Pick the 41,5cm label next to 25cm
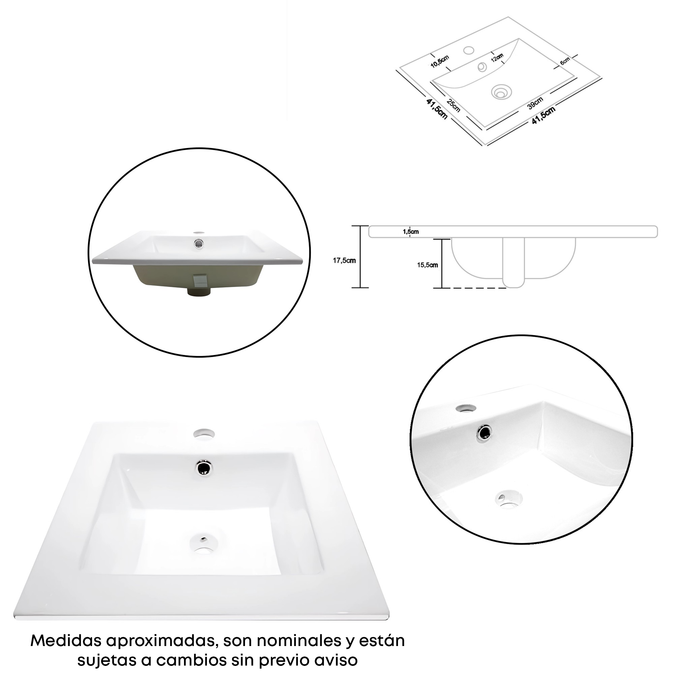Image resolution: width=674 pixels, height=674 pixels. (x=437, y=109)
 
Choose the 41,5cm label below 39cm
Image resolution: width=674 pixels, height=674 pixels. (x=544, y=116)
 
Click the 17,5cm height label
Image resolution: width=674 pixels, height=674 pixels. (x=344, y=260)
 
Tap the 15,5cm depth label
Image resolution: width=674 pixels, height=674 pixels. (x=427, y=265)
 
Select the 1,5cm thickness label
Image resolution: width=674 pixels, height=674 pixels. (x=411, y=231)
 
